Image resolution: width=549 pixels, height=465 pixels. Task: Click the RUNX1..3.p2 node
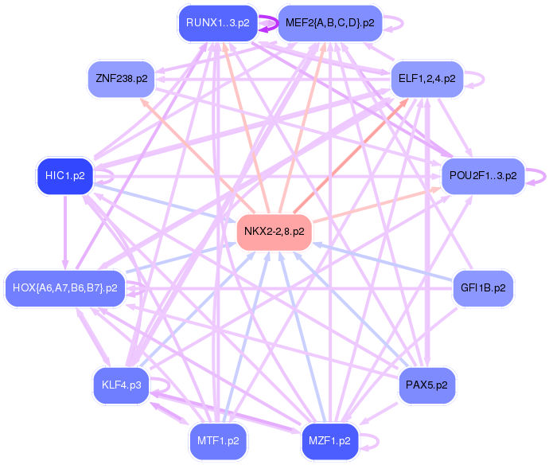(218, 23)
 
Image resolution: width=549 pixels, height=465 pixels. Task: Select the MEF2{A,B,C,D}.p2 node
(330, 23)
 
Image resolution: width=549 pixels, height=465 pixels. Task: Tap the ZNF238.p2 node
(122, 79)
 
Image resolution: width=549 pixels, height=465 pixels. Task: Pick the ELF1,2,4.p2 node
(426, 79)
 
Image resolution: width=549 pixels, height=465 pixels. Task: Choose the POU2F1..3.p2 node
(483, 175)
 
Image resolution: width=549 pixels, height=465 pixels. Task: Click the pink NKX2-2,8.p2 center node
(274, 232)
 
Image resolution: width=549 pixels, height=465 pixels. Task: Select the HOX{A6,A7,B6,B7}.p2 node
(65, 287)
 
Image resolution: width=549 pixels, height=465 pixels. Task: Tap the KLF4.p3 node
(122, 385)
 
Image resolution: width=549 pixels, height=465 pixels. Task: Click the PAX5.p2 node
(426, 385)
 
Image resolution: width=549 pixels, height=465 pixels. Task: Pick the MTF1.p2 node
(218, 440)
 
